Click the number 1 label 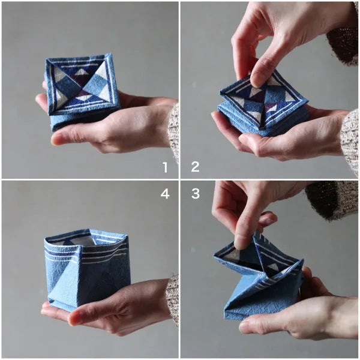click(x=166, y=167)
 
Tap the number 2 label click(x=195, y=167)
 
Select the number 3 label click(x=195, y=193)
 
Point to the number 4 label click(x=166, y=193)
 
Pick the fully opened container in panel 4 click(x=87, y=267)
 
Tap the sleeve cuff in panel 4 click(x=173, y=297)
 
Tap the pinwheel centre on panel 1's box click(x=81, y=84)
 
